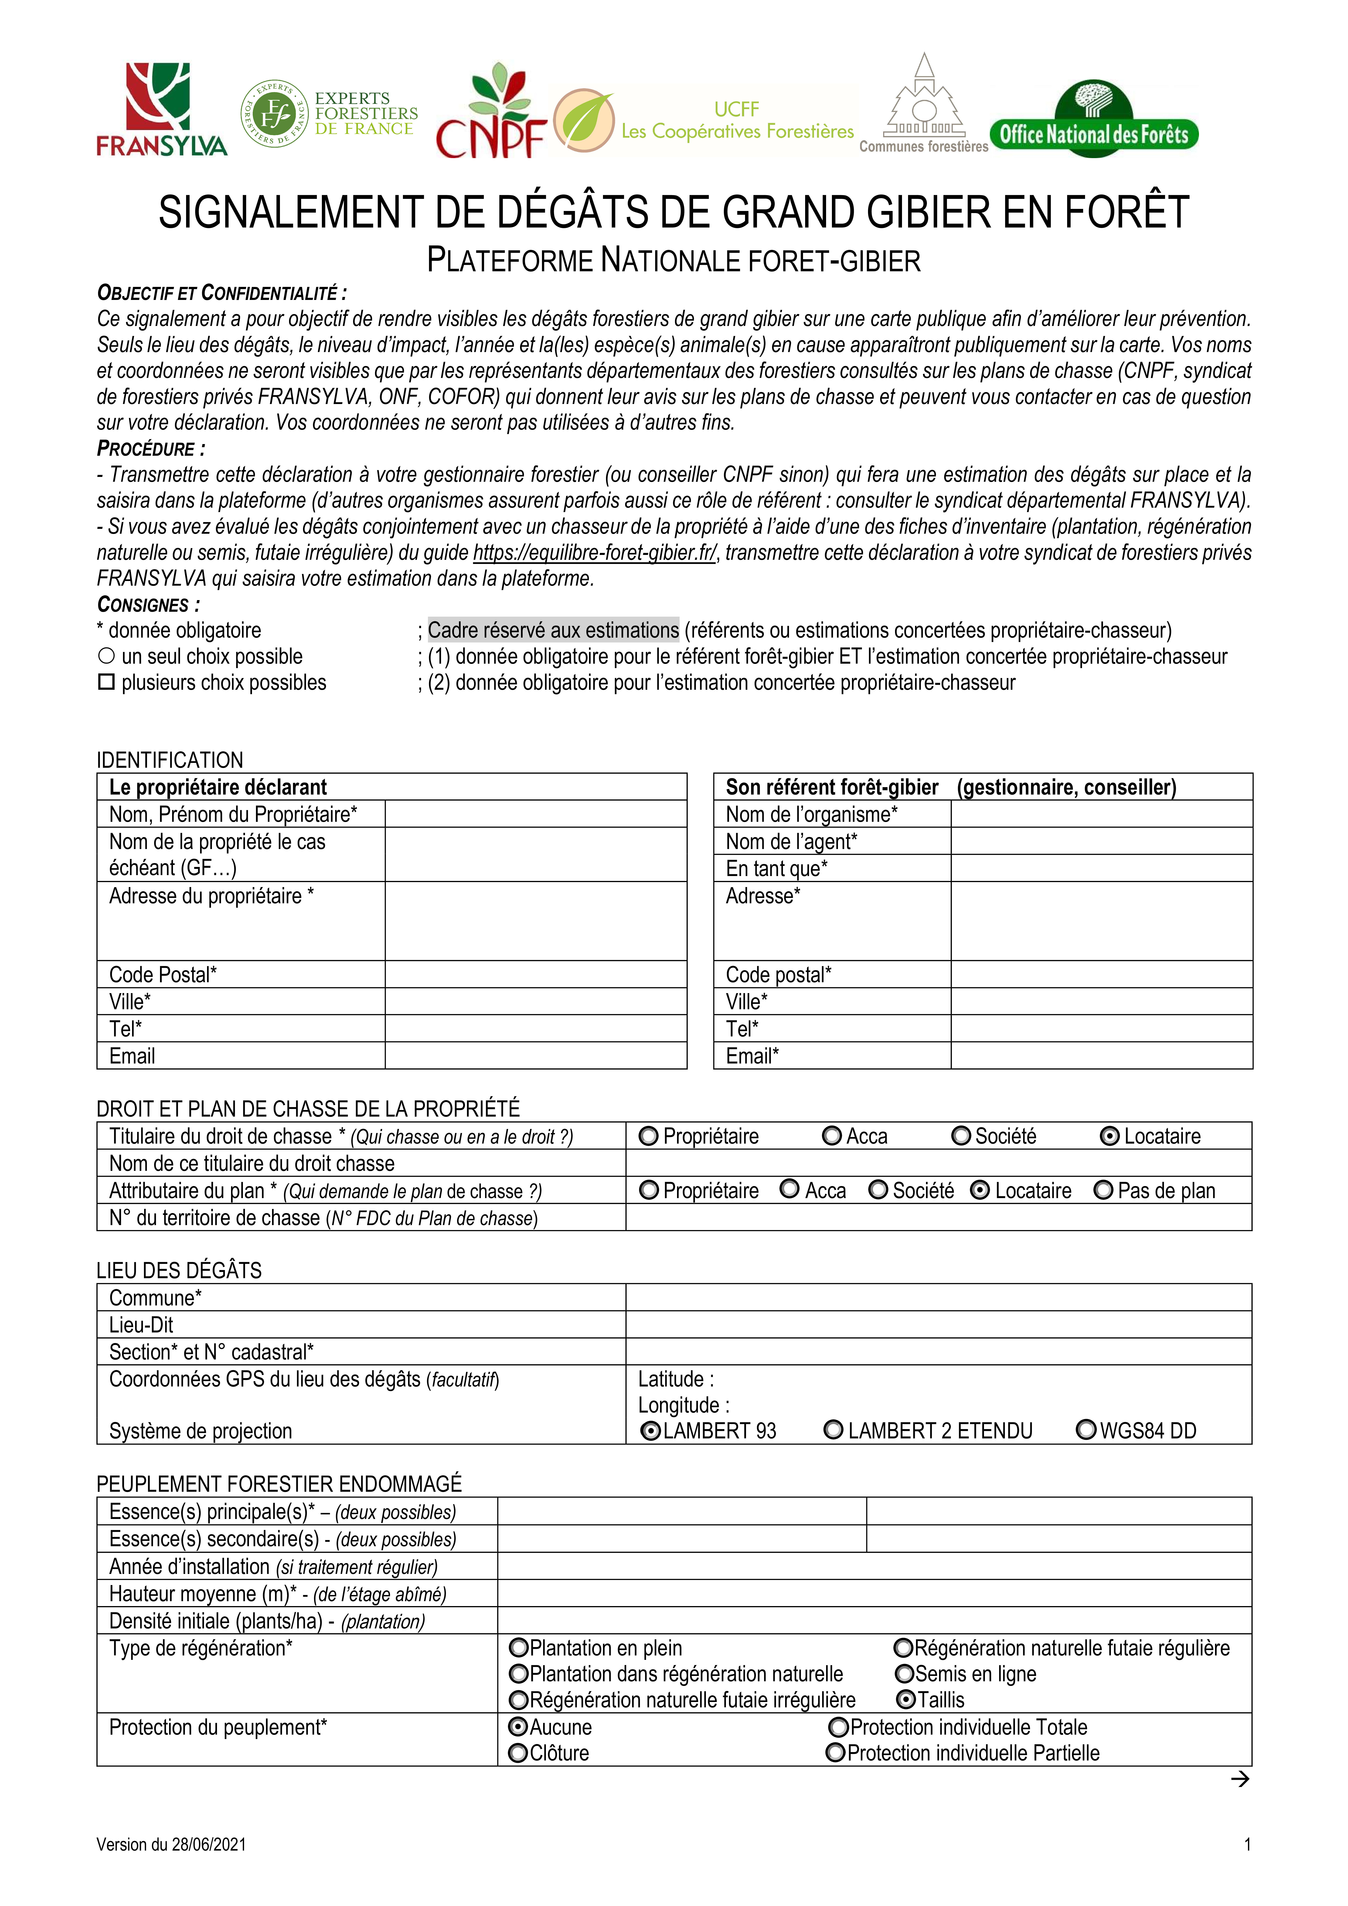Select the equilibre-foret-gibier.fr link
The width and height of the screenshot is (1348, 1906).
pyautogui.click(x=594, y=553)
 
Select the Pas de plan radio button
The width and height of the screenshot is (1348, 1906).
pyautogui.click(x=1103, y=1190)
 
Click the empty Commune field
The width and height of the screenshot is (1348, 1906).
pyautogui.click(x=938, y=1298)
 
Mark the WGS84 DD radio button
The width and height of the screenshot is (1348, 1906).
pyautogui.click(x=1086, y=1430)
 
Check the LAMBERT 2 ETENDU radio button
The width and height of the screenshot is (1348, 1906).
pyautogui.click(x=833, y=1430)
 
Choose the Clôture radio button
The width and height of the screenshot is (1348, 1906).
pyautogui.click(x=519, y=1753)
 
